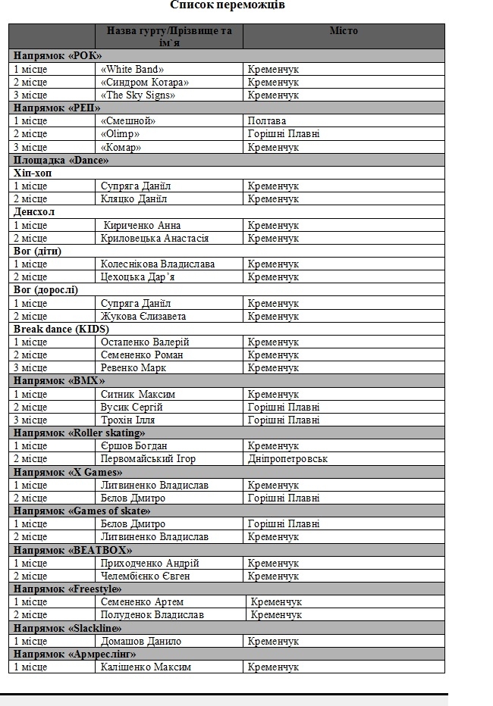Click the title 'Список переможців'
point(228,5)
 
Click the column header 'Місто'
point(344,31)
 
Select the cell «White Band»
point(132,69)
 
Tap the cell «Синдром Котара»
point(144,82)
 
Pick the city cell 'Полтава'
point(267,120)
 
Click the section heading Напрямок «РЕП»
point(57,108)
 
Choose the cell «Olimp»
point(120,133)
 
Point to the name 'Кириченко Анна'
point(142,225)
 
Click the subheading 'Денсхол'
point(34,211)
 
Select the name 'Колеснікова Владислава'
point(157,264)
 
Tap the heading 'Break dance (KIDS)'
point(61,329)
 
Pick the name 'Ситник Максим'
point(138,394)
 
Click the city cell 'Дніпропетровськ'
point(287,458)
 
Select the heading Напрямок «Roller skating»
point(79,433)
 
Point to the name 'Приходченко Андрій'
point(149,563)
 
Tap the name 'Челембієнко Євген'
point(145,576)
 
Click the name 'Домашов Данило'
point(141,641)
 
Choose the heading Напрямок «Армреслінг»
point(74,654)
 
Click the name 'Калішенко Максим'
point(146,667)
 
